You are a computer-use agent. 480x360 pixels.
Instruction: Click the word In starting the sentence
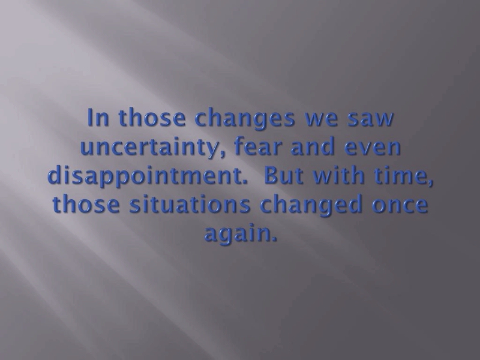[98, 117]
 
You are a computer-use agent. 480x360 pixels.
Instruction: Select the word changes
[244, 119]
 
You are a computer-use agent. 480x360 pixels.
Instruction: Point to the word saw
[370, 119]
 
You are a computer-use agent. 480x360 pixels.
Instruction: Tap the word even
[372, 148]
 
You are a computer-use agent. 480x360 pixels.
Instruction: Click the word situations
[190, 204]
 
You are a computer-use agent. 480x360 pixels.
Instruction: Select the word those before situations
[86, 204]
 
